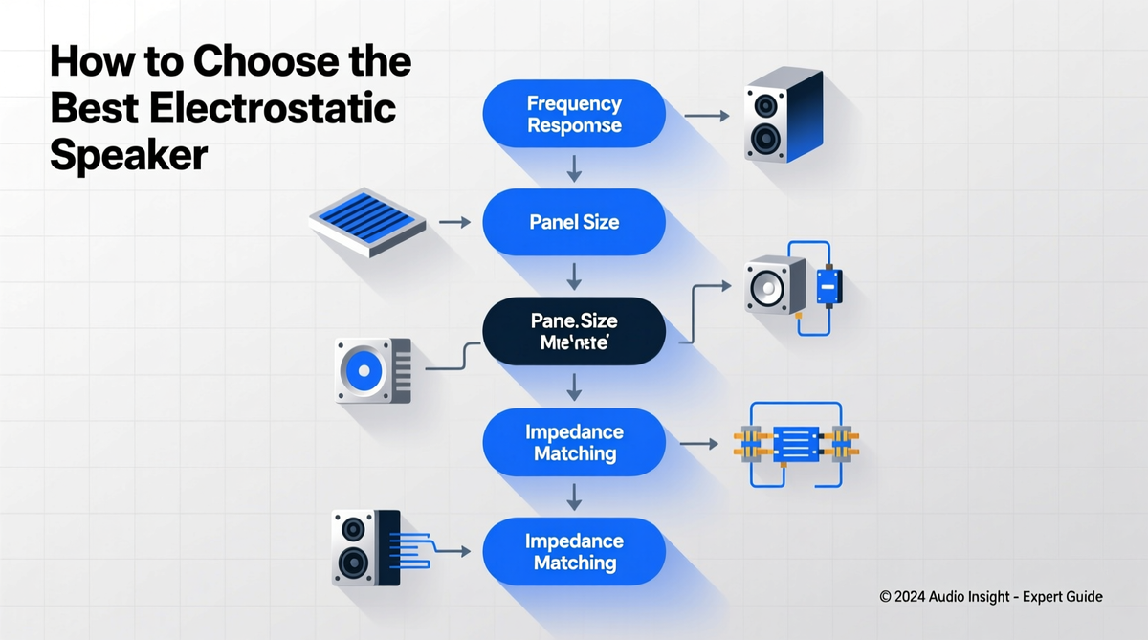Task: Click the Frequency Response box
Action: pyautogui.click(x=574, y=114)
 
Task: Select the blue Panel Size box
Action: pyautogui.click(x=574, y=222)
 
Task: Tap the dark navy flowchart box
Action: pyautogui.click(x=574, y=330)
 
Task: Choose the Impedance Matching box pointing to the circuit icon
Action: pyautogui.click(x=574, y=442)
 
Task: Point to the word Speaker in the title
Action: pyautogui.click(x=128, y=153)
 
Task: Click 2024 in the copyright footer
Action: pyautogui.click(x=916, y=597)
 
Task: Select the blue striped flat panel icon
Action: pyautogui.click(x=367, y=220)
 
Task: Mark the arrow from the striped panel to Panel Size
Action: pyautogui.click(x=454, y=222)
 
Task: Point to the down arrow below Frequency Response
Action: pyautogui.click(x=574, y=169)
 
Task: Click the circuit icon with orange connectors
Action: pyautogui.click(x=794, y=444)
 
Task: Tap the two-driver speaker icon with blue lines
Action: pyautogui.click(x=362, y=546)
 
